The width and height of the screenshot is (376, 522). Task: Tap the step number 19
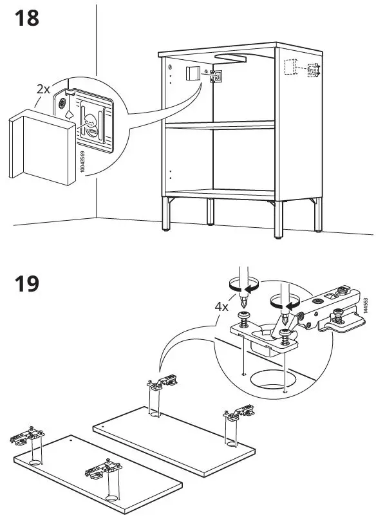click(x=26, y=284)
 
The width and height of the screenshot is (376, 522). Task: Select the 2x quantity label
click(x=43, y=89)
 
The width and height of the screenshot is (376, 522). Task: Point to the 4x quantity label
click(x=221, y=306)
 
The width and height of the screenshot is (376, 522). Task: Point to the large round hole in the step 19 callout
click(x=271, y=380)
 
